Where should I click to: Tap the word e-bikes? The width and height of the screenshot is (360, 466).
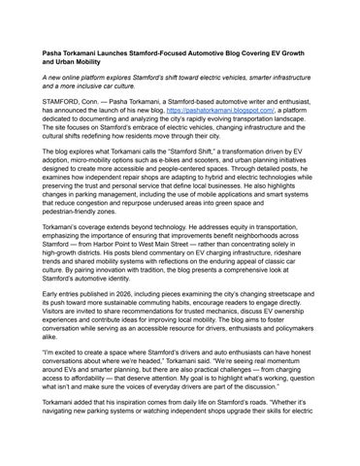(186, 164)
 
